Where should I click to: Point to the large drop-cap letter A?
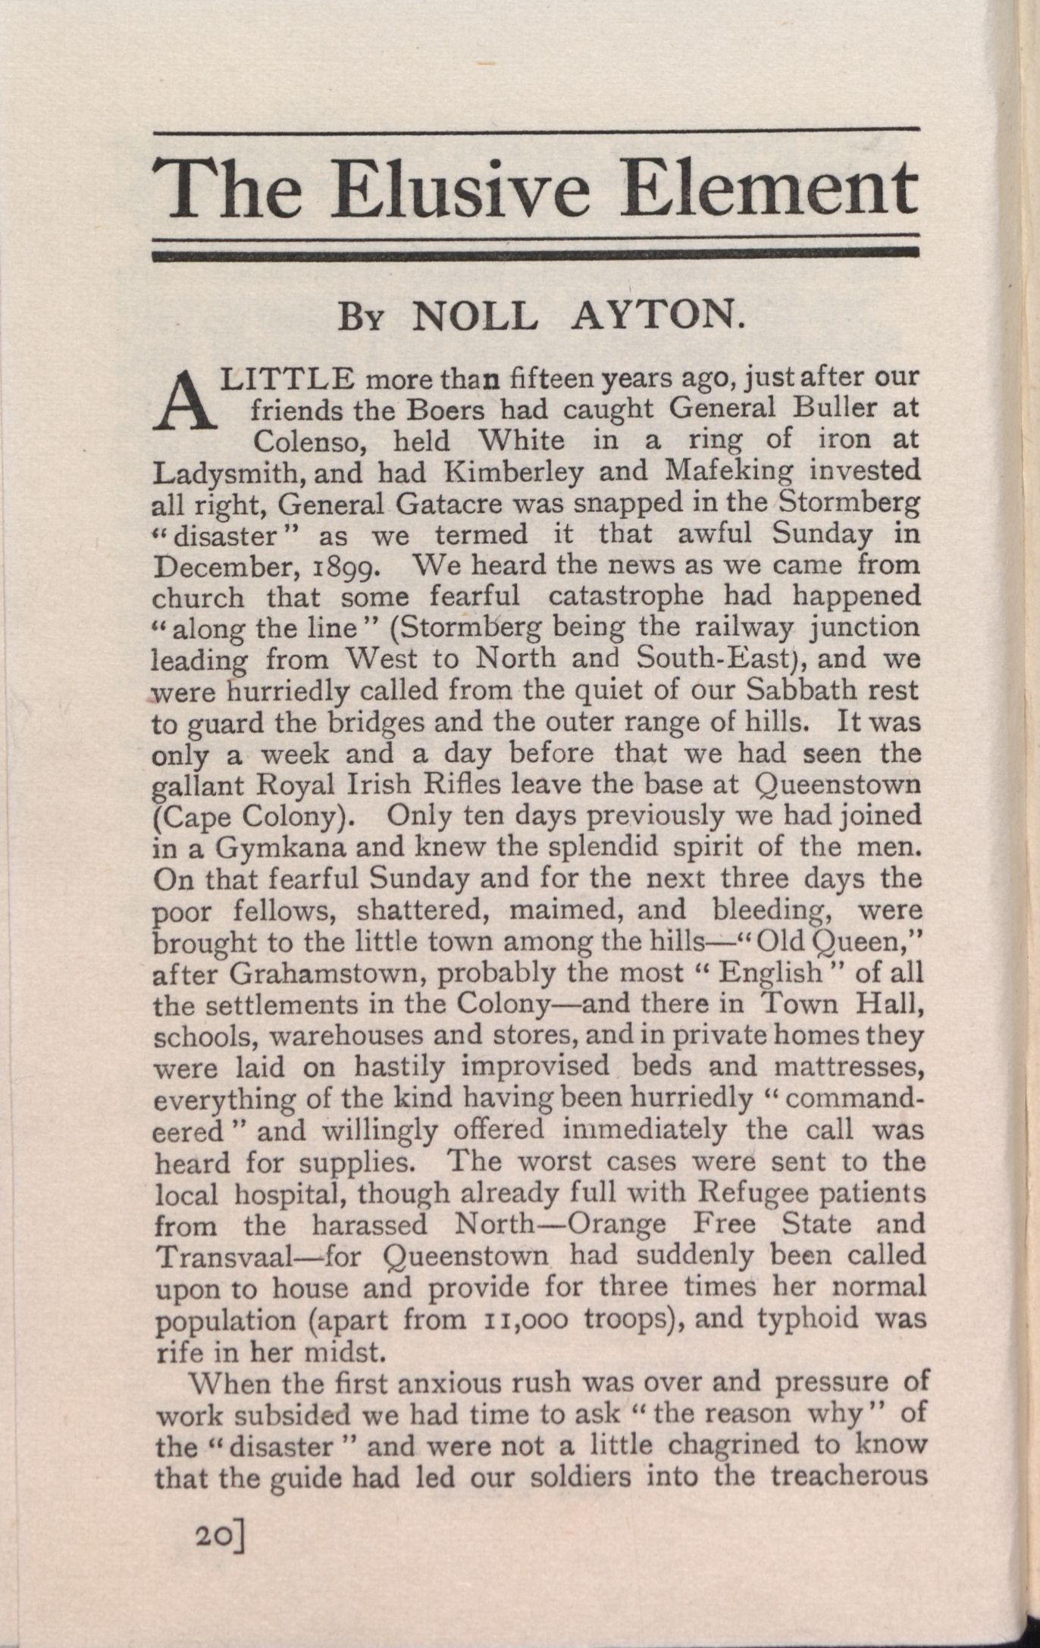[x=185, y=402]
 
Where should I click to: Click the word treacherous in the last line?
[x=849, y=1476]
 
